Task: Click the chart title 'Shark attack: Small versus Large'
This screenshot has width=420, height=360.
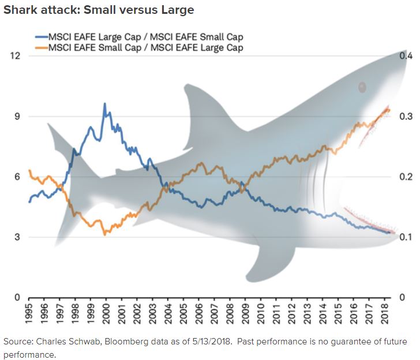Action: click(99, 10)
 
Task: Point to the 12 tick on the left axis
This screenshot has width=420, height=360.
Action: click(16, 56)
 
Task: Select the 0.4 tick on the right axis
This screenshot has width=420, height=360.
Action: click(406, 56)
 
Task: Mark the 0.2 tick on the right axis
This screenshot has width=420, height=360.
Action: click(406, 177)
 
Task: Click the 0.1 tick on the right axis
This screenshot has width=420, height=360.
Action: click(406, 237)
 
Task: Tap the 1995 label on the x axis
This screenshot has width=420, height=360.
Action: click(29, 310)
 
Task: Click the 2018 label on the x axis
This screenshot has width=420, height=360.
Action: click(386, 310)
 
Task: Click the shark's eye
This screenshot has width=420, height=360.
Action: click(362, 87)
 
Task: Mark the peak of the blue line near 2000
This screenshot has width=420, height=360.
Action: click(104, 104)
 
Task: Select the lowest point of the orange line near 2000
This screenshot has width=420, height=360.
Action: click(104, 234)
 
